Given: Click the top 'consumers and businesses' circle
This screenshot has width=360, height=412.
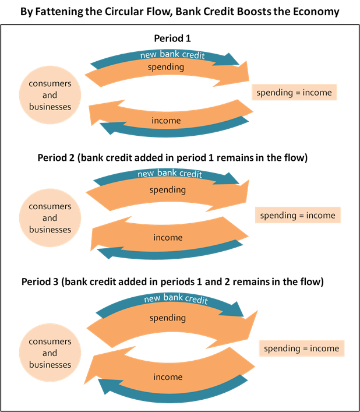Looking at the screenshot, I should (x=50, y=95).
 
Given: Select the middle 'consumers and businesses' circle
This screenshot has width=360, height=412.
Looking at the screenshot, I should (x=50, y=218).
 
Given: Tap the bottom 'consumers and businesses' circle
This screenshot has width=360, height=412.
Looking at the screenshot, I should (x=50, y=353).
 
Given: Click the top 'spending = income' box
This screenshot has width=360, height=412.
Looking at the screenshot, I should (x=294, y=93).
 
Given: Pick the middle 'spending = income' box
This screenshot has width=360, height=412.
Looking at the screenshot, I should (x=298, y=216).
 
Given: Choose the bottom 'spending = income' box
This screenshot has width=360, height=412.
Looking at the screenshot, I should (x=301, y=348).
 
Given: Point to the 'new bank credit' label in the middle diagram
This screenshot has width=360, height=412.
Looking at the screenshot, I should (x=170, y=174).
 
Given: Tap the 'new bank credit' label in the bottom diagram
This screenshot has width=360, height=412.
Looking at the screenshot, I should (x=176, y=298).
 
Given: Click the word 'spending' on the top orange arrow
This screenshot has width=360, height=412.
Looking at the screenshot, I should (x=166, y=67).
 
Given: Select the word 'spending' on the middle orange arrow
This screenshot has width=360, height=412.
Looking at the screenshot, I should (x=168, y=190).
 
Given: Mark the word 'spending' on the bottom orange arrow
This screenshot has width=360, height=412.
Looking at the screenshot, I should (x=168, y=318).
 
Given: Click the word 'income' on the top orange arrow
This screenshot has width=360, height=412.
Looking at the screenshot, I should (x=166, y=121).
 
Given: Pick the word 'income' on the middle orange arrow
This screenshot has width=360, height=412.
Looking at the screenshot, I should (x=168, y=238).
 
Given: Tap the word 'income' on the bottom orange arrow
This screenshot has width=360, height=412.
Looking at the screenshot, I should (x=168, y=377).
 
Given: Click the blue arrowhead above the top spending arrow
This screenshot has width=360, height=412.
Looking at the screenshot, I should (x=234, y=59).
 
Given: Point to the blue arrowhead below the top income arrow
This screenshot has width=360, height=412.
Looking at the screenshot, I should (x=106, y=126).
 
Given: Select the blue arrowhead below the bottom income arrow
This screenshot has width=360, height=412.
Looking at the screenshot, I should (x=105, y=385).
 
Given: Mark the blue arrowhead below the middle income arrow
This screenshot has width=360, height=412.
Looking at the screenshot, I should (x=104, y=253).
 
